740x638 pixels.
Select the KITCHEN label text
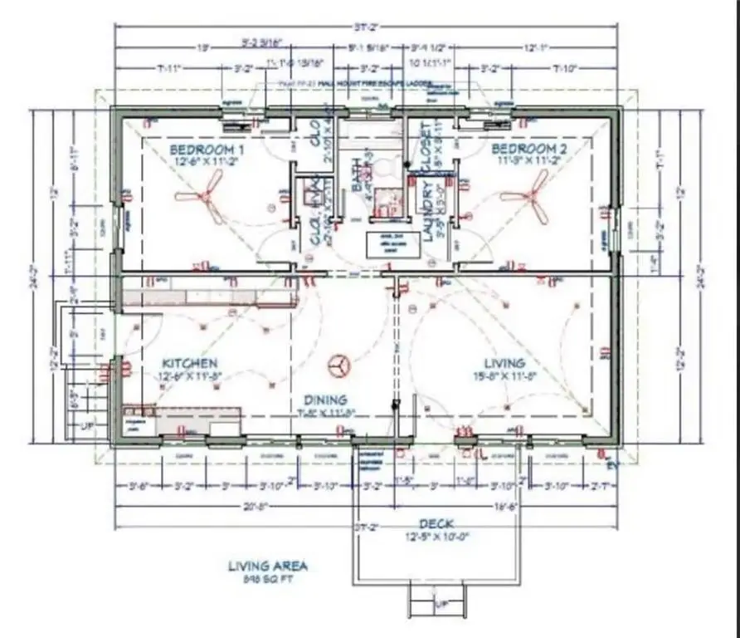(190, 363)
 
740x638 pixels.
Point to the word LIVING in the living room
(504, 363)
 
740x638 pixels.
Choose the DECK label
(436, 523)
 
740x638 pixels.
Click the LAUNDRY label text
(428, 216)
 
